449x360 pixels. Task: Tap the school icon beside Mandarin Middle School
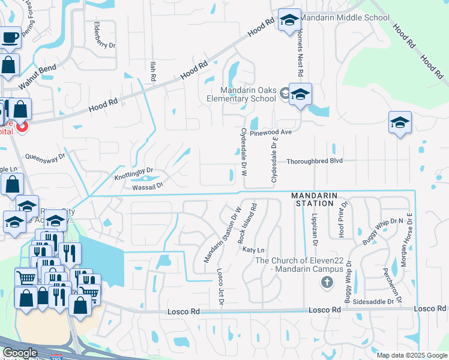point(289,20)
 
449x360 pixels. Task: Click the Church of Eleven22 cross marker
point(327,282)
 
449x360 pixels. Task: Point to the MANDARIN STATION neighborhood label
point(313,200)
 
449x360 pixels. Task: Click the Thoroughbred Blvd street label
point(314,161)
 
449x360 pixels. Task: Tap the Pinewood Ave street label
point(270,131)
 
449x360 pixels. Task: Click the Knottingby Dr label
point(134,174)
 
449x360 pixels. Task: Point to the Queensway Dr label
point(45,160)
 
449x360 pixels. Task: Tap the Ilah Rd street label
point(153,72)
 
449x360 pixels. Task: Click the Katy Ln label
point(253,249)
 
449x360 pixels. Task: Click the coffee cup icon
point(10,37)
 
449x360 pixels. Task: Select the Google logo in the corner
point(20,353)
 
